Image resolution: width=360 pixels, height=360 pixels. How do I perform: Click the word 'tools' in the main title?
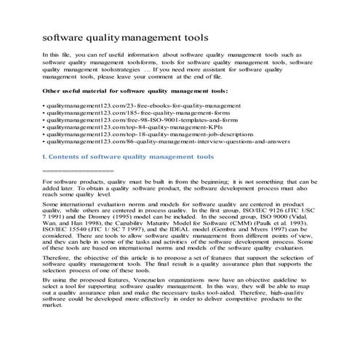click(190, 36)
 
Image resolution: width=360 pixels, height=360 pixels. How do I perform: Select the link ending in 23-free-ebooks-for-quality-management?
click(137, 105)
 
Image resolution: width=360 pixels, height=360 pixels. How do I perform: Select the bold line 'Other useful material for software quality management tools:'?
click(135, 91)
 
